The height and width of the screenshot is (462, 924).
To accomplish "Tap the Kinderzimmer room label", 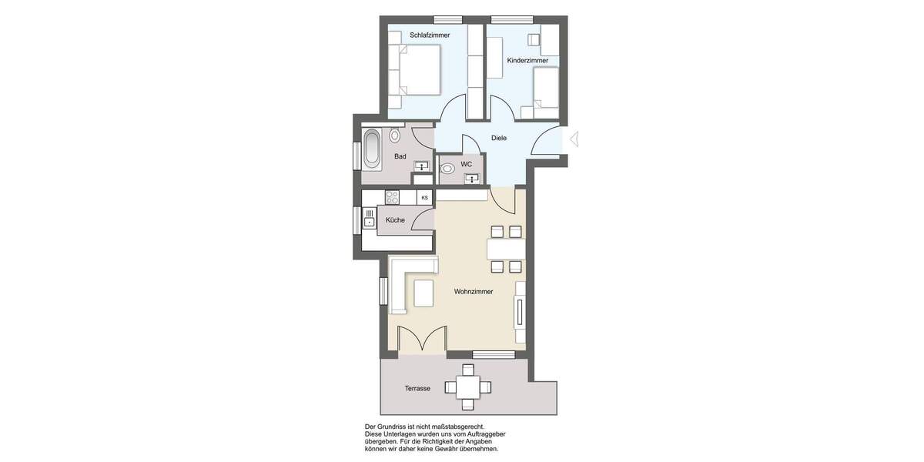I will coord(527,60).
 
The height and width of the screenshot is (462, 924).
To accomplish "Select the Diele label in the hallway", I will coord(499,138).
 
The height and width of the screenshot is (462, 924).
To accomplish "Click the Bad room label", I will coord(400,156).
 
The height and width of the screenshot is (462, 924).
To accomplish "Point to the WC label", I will coord(467,164).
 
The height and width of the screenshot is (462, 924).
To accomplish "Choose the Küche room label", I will coord(395,220).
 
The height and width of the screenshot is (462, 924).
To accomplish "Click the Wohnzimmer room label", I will coord(473,292).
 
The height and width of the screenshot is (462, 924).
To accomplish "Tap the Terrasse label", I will coord(417,389).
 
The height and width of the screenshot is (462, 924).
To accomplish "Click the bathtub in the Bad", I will coord(372,149).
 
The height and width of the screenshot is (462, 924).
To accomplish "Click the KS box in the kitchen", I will coord(424,198).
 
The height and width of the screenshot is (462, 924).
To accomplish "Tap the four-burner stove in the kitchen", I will coord(391,197).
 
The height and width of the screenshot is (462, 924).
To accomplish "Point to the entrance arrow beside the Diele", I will coord(572,139).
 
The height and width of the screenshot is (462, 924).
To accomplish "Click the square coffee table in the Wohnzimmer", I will coord(423,293).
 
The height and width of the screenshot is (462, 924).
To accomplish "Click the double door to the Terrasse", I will coord(422,339).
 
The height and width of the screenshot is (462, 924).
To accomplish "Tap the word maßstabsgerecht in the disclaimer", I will coord(459,426).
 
